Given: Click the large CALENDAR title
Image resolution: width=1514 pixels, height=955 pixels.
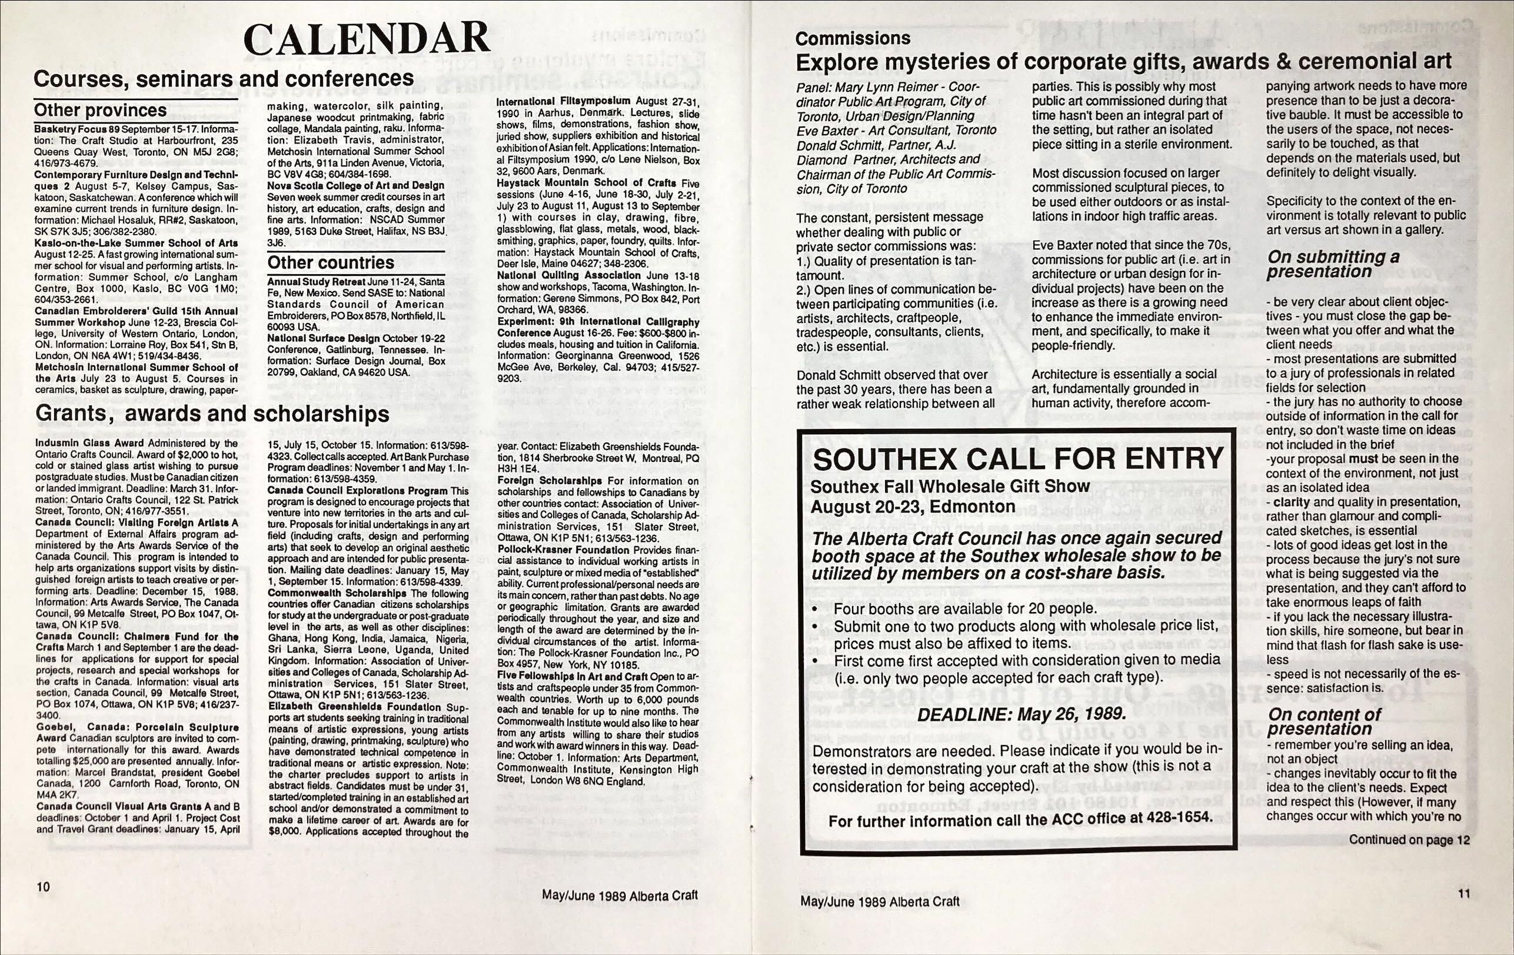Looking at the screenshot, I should [367, 39].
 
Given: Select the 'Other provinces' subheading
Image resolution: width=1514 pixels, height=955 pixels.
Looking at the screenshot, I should [100, 111].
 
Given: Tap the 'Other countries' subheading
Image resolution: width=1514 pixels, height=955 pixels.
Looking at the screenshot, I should [331, 262].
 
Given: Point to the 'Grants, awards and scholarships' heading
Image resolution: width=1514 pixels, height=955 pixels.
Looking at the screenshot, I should [212, 414].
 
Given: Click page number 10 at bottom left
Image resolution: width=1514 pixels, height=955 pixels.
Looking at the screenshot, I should [43, 887].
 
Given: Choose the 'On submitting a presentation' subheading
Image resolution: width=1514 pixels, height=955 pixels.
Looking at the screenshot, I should [1333, 264].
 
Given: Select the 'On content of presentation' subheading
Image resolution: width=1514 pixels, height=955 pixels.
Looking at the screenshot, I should [1324, 722].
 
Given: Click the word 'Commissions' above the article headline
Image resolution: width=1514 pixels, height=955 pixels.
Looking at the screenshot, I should [853, 38].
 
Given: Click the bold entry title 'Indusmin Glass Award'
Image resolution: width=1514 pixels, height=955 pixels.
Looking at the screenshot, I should [90, 442].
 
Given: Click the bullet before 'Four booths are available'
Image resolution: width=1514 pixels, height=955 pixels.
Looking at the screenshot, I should [816, 610].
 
